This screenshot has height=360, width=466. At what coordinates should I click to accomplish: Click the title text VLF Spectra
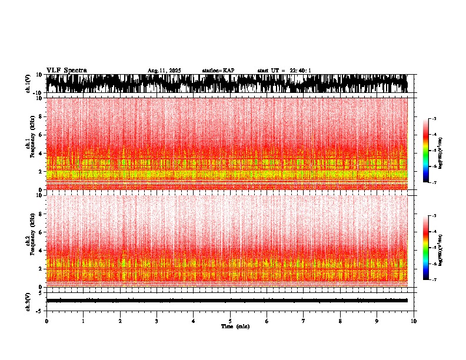pos(66,71)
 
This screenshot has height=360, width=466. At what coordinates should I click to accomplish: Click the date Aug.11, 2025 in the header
pos(164,71)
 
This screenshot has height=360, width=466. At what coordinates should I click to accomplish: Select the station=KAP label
pos(218,71)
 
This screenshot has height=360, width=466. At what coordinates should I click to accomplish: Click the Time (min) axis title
pos(235,326)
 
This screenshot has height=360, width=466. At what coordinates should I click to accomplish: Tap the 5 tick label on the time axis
pos(230,321)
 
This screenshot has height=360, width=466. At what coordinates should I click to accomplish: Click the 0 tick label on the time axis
pos(46,321)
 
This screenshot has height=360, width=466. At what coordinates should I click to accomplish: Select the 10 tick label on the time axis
pos(414,321)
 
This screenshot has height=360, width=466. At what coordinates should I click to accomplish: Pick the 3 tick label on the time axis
pos(157,321)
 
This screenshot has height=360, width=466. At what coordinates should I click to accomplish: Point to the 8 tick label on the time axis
pos(340,321)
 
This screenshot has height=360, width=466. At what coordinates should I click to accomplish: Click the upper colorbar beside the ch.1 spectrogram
pos(426,151)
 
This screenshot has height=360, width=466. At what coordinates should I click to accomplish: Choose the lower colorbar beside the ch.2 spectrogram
pos(426,247)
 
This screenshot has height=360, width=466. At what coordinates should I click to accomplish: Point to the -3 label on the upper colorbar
pos(433,119)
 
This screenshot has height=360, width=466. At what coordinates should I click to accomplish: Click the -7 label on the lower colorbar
pos(433,279)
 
